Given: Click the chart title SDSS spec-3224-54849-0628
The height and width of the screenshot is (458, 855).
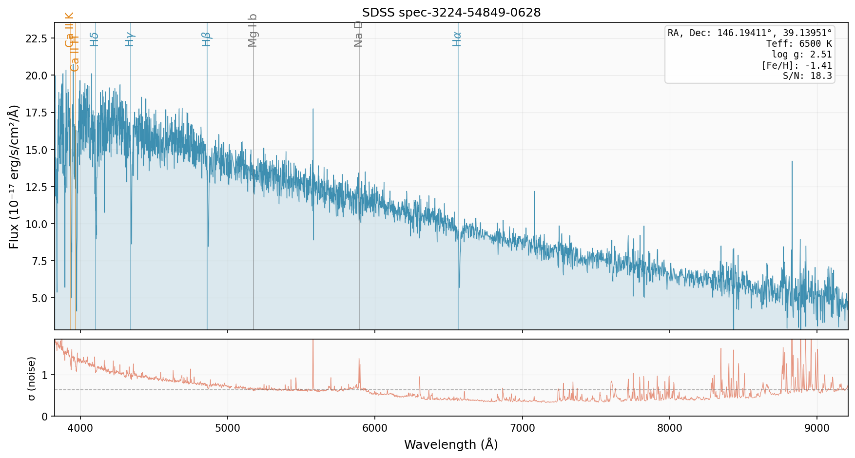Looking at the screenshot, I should point(451,13).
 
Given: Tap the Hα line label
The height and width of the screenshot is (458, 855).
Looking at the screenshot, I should point(457,39).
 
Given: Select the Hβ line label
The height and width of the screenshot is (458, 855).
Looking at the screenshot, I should point(206,39).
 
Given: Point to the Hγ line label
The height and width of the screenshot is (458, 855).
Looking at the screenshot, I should point(129,39).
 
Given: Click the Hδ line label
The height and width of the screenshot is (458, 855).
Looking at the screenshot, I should point(94,39).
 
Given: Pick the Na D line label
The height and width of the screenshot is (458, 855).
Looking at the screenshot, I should point(358,34).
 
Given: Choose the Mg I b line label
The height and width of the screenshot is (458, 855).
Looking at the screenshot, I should point(252,30).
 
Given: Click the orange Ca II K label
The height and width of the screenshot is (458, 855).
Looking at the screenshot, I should point(69,29).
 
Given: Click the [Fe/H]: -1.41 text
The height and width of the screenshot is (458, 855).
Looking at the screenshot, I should point(797,65).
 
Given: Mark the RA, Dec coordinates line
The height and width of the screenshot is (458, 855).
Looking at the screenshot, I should point(750,33).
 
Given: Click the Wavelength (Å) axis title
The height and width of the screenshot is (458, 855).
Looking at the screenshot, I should point(451,444).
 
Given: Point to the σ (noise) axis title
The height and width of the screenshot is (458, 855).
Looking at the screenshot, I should point(32,379).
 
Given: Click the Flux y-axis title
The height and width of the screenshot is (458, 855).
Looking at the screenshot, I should point(14,176).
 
